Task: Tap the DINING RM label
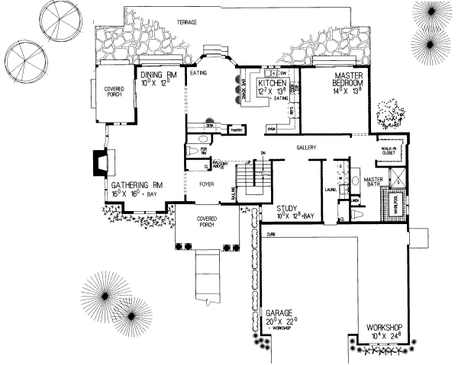[x=159, y=75]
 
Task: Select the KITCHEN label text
[x=272, y=82]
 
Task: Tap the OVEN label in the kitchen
[x=269, y=129]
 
